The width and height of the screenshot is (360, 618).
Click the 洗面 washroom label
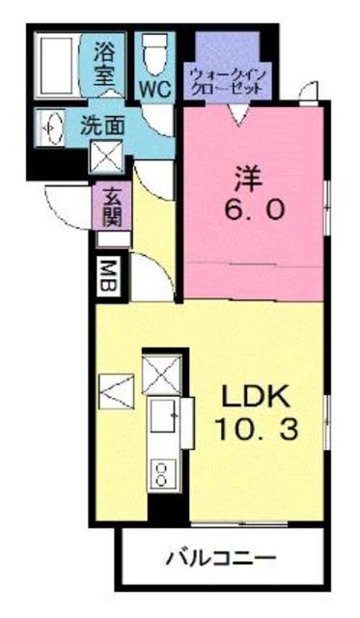click(x=102, y=124)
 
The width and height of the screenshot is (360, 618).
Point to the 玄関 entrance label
click(x=111, y=206)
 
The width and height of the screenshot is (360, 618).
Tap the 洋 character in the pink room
click(x=246, y=180)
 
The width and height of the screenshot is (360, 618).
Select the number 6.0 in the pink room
click(x=253, y=210)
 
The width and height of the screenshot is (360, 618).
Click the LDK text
click(x=258, y=398)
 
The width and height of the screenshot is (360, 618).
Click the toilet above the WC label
click(x=153, y=51)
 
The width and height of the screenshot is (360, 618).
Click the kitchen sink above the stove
click(x=163, y=418)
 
